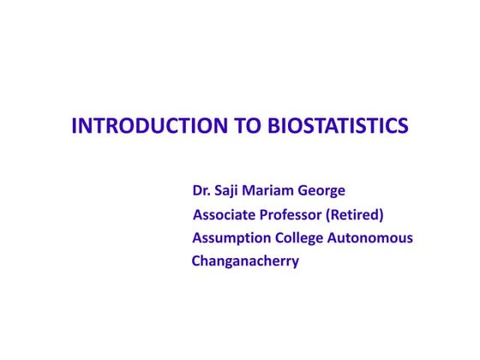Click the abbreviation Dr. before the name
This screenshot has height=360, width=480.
click(x=201, y=190)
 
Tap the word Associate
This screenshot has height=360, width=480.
click(x=225, y=214)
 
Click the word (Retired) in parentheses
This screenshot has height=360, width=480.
click(x=355, y=214)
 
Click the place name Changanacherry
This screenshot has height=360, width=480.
click(x=245, y=261)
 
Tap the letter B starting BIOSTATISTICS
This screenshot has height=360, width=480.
click(x=274, y=127)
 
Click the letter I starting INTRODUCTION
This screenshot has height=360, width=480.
click(x=74, y=127)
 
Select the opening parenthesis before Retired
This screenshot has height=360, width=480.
click(x=328, y=214)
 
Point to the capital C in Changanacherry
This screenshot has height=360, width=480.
click(x=195, y=261)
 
